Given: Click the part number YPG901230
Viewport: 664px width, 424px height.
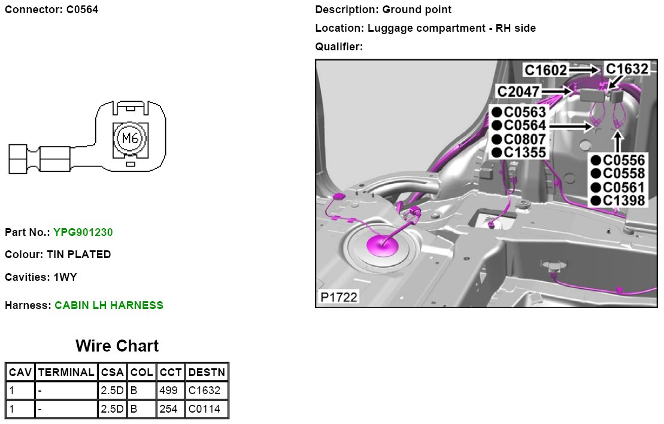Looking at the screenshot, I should pos(83,232).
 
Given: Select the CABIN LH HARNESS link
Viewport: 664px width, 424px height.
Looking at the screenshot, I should pos(108,305).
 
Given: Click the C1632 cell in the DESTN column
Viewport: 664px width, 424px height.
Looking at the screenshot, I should pos(207,391).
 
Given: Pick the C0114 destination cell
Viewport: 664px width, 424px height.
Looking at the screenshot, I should pos(207,410).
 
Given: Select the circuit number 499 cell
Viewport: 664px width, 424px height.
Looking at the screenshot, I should pos(171,391).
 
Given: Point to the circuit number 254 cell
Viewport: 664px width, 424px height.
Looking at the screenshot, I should pos(171,410).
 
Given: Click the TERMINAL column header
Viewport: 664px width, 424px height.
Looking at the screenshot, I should pos(66,372).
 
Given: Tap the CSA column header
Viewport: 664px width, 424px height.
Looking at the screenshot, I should pos(112,372).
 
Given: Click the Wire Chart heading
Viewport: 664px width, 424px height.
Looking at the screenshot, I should pos(117,346).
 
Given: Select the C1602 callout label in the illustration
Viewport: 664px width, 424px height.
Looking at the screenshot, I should pos(545,71).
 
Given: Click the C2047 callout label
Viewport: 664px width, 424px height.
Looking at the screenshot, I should pos(519,92).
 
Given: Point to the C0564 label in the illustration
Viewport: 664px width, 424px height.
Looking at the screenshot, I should pos(524,126).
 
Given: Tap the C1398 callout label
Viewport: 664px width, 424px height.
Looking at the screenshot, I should pos(623,201).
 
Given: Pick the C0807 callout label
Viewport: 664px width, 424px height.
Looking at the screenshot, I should pos(524,139).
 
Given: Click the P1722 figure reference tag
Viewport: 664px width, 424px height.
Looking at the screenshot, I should pos(338,296).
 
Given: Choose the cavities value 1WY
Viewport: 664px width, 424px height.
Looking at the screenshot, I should pos(65,277).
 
